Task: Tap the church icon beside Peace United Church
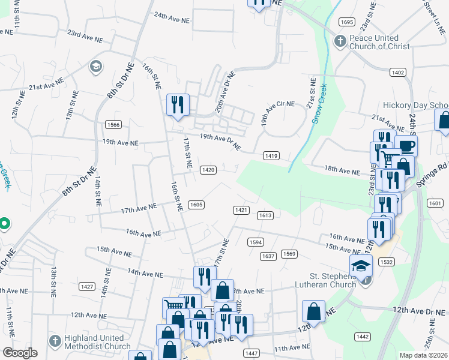click(339, 41)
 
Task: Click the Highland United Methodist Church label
click(91, 341)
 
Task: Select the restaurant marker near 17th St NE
click(178, 105)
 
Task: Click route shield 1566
click(113, 125)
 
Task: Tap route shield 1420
click(208, 170)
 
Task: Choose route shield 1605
click(196, 205)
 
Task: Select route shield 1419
click(270, 156)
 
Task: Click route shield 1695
click(346, 22)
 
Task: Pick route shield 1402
click(397, 72)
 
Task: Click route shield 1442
click(362, 337)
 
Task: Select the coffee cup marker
click(406, 146)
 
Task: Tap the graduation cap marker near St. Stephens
click(361, 265)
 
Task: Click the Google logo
click(20, 353)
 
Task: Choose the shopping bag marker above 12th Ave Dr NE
click(314, 310)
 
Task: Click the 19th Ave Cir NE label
click(277, 112)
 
